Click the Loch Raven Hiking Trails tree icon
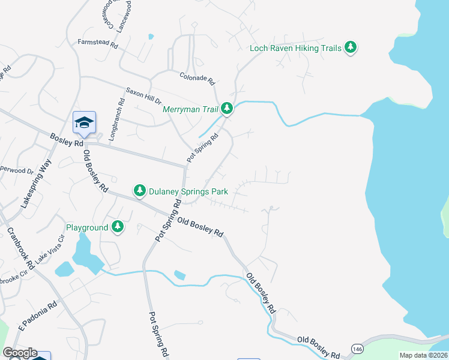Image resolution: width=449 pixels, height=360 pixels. [x=351, y=48]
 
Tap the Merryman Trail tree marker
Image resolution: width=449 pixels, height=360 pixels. [x=226, y=109]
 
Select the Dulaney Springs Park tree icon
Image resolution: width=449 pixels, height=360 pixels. [x=140, y=191]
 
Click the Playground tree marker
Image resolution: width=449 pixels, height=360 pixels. [x=118, y=227]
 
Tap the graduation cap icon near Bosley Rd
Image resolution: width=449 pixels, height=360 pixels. [x=84, y=123]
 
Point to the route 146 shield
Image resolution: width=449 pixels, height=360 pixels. [x=358, y=349]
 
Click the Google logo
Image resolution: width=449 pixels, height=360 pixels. [x=20, y=353]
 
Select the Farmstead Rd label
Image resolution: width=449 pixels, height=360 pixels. [x=97, y=43]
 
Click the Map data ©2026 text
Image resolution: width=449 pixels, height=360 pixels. [x=423, y=355]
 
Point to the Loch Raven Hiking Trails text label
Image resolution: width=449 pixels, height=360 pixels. [x=295, y=48]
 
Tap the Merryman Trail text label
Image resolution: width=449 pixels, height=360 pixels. [x=190, y=109]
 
